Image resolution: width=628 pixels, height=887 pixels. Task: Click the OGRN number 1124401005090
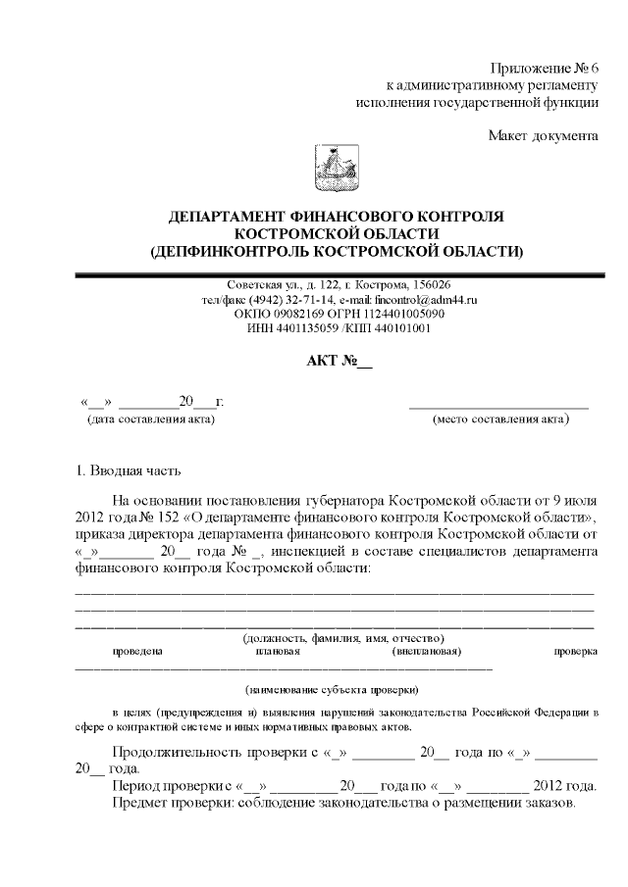tap(408, 314)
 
